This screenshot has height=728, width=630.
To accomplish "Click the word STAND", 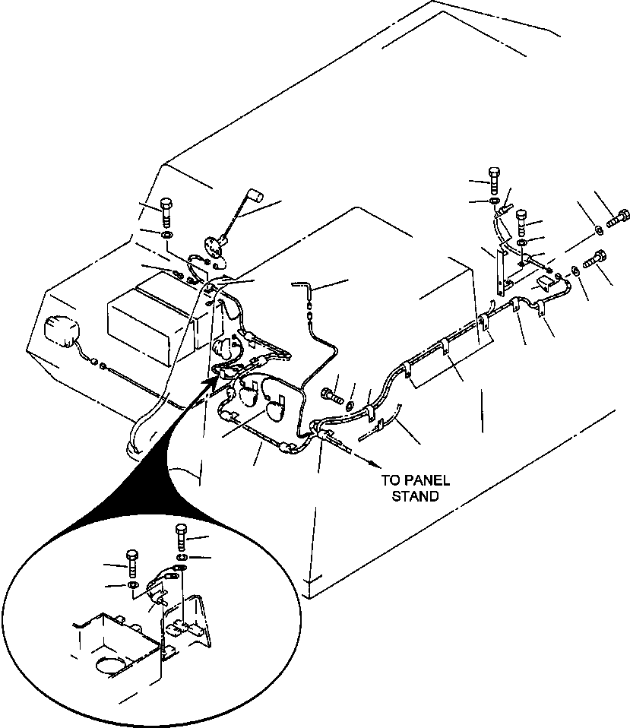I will [415, 496].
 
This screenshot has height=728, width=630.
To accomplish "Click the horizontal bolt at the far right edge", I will [617, 219].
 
